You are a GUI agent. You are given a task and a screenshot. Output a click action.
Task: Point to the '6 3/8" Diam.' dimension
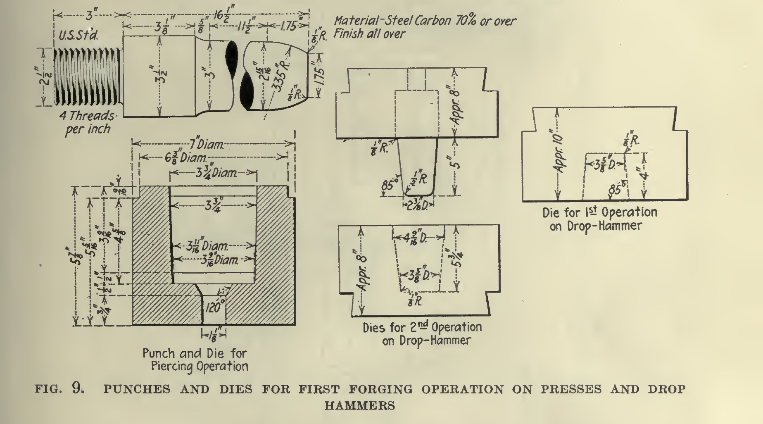(x=185, y=157)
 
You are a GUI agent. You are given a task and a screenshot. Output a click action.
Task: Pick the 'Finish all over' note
(x=369, y=33)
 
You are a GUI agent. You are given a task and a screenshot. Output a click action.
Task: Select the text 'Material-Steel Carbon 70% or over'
(x=425, y=21)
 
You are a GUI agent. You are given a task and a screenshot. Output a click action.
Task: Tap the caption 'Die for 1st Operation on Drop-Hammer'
(x=599, y=219)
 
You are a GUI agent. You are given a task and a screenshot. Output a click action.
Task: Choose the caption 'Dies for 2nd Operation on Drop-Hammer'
(x=422, y=333)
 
